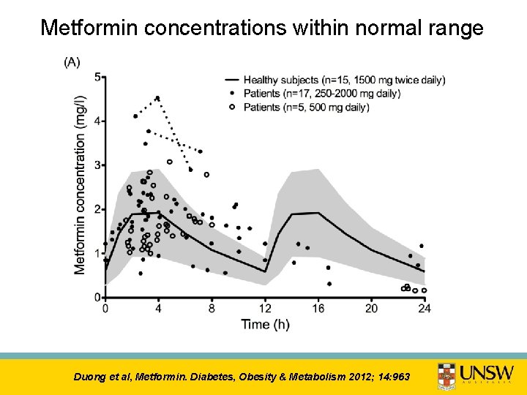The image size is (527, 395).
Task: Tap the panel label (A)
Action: click(72, 62)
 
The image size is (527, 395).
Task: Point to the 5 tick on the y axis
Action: click(98, 76)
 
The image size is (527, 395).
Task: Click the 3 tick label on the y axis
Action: click(98, 165)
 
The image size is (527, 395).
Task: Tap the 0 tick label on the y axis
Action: click(98, 297)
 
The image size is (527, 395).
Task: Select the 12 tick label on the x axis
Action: click(265, 308)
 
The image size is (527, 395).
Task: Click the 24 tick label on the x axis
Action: click(425, 308)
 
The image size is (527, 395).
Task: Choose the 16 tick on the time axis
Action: click(318, 308)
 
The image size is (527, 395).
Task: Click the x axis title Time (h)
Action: click(266, 324)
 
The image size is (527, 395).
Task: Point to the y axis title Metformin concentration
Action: click(81, 186)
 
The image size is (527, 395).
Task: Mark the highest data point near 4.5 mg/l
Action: click(157, 98)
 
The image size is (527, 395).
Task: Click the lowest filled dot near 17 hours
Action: click(329, 284)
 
